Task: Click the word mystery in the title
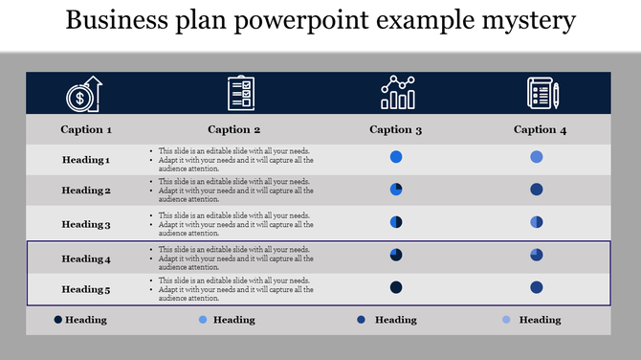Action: coord(528,21)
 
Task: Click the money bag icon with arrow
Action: coord(83,94)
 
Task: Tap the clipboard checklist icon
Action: coord(241,94)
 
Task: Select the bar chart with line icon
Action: coord(397,93)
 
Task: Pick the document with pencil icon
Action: coord(542,94)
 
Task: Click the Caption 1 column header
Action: coord(86,129)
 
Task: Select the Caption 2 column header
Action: coord(234,129)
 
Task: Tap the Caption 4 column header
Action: coord(541,129)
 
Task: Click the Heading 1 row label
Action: coord(86,160)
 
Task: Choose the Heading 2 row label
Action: coord(86,191)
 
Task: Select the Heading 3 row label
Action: coord(86,224)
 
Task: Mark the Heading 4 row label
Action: coord(86,259)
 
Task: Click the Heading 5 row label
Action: coord(86,289)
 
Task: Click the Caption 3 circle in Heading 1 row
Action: coord(396,157)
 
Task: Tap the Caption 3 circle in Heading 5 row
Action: coord(396,287)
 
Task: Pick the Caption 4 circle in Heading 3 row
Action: coord(537,222)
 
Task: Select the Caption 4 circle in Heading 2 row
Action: coord(537,190)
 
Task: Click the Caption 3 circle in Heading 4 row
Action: coord(396,255)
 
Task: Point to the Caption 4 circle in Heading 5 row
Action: coord(537,287)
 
